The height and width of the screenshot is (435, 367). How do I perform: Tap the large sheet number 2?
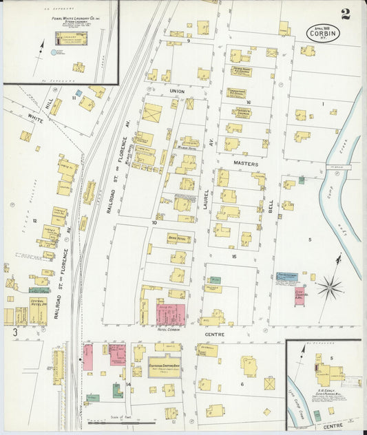tap(345, 14)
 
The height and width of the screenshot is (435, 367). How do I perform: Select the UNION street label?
tap(178, 91)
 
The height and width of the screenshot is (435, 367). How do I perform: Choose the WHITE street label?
tap(35, 118)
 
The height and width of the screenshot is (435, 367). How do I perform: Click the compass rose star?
tap(330, 286)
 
